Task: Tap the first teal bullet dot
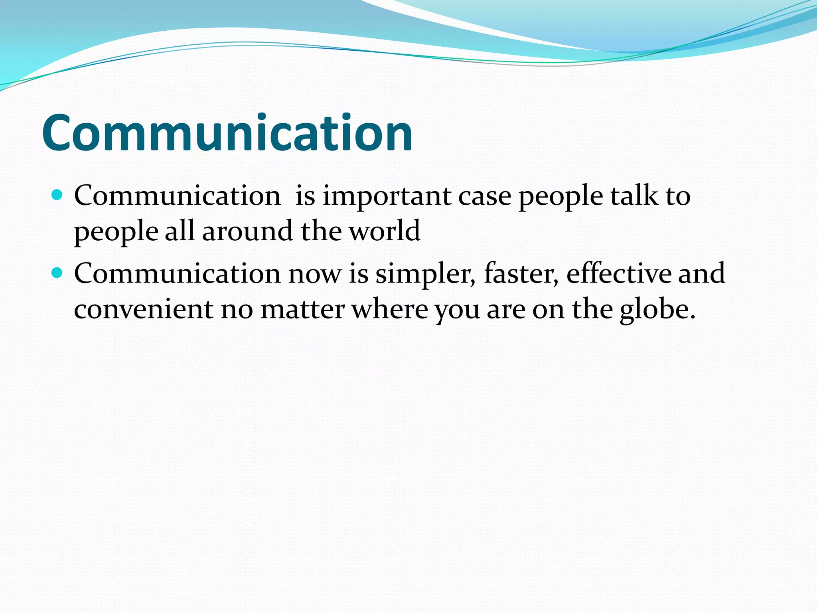tap(58, 195)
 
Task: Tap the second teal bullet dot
tap(58, 273)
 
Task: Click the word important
tap(387, 196)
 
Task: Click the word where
tap(389, 309)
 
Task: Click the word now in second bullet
tap(315, 275)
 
